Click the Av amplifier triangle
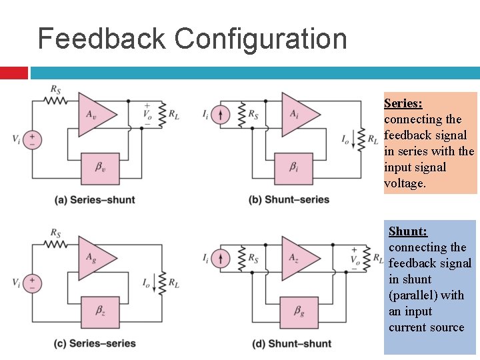tap(93, 114)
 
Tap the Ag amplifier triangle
tap(93, 257)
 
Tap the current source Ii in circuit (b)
tap(224, 115)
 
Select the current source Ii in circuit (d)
tap(224, 258)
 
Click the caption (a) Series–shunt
tap(95, 200)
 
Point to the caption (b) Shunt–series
tap(289, 200)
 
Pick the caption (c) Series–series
tap(95, 343)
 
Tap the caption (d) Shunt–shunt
tap(289, 343)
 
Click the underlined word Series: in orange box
tap(403, 103)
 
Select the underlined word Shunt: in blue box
tap(408, 231)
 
